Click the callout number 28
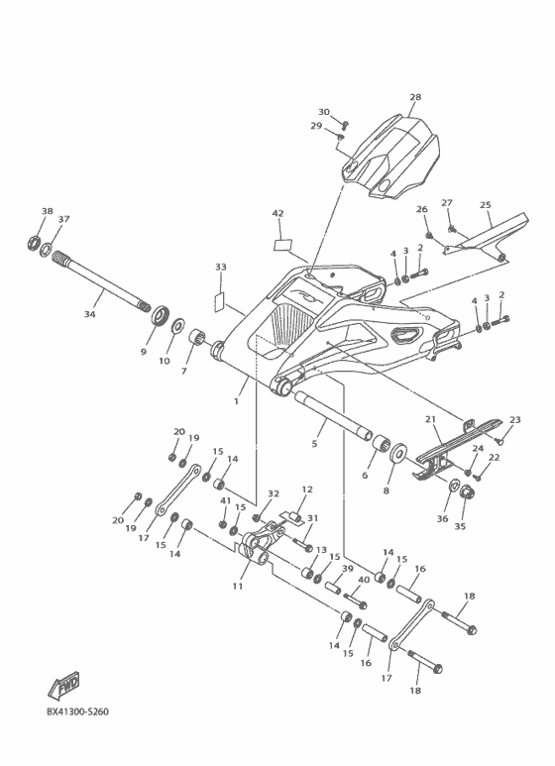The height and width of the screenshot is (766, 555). tap(415, 97)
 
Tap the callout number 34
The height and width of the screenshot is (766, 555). tap(90, 314)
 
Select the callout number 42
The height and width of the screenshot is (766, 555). tap(277, 213)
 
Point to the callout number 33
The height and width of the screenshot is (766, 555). tap(220, 268)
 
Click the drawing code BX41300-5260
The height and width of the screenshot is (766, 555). tap(77, 711)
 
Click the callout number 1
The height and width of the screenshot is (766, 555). tap(236, 402)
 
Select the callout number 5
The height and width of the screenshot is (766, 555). tap(315, 445)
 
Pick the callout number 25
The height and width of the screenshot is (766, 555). tap(486, 205)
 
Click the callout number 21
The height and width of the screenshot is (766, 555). tap(431, 420)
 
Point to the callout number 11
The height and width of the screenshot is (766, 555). tap(238, 587)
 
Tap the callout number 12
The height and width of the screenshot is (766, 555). tap(307, 490)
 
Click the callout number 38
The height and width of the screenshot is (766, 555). tap(47, 211)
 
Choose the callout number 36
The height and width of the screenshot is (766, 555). tap(442, 518)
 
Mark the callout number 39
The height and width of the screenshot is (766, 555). tap(347, 569)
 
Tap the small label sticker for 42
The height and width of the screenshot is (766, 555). tap(282, 239)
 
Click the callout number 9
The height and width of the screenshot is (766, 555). tap(143, 351)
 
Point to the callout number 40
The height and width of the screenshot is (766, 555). tap(364, 580)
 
